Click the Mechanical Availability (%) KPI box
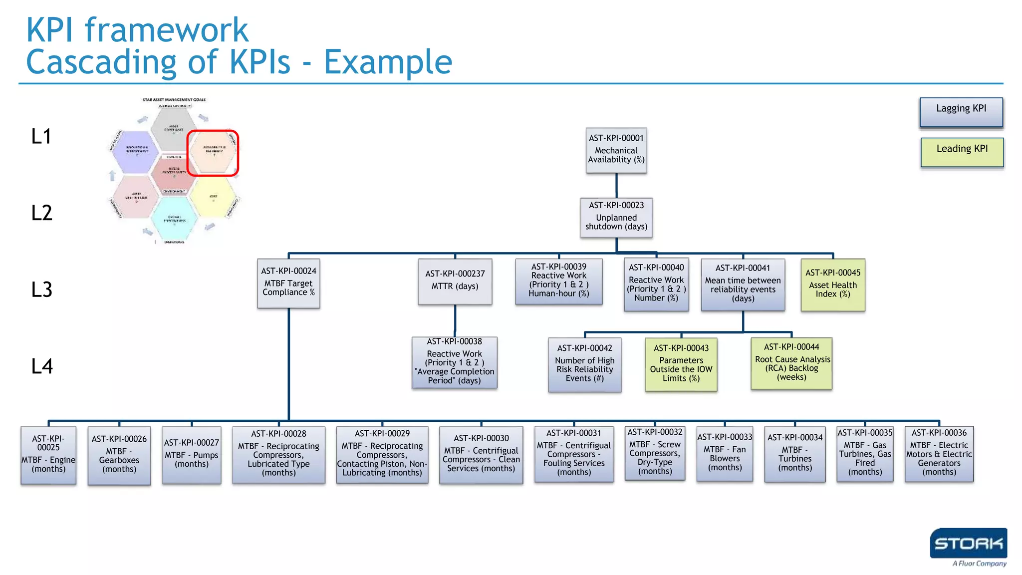click(x=616, y=151)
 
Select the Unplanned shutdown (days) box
click(x=616, y=218)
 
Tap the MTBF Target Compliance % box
click(x=288, y=283)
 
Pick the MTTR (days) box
click(x=455, y=282)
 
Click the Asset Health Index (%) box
click(x=833, y=285)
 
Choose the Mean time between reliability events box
click(x=743, y=285)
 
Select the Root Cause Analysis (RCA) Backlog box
click(x=792, y=363)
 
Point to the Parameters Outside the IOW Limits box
click(x=681, y=365)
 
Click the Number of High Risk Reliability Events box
click(x=585, y=365)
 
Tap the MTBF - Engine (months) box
click(x=48, y=455)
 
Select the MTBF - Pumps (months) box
click(x=192, y=455)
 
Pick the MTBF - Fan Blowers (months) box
click(x=725, y=454)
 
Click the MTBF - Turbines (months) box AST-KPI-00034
click(x=795, y=454)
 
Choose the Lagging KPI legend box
click(x=961, y=112)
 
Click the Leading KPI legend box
click(x=962, y=152)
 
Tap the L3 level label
click(x=42, y=289)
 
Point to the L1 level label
click(x=41, y=137)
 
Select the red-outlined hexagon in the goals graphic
click(x=213, y=153)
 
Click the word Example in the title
click(x=388, y=62)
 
